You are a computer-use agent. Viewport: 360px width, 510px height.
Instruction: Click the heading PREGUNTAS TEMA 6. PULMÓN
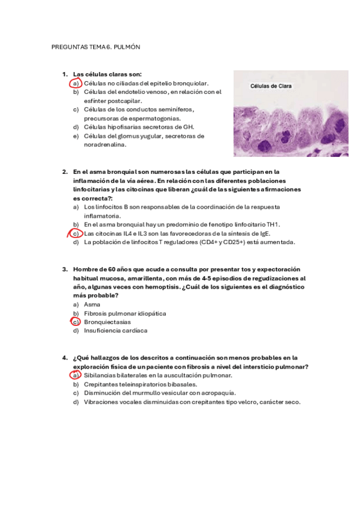tap(96, 47)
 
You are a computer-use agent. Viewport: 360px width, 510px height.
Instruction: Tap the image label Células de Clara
tap(271, 86)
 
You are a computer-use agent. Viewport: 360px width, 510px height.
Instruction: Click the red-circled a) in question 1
tap(76, 83)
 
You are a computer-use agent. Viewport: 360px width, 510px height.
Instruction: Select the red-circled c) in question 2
tap(76, 233)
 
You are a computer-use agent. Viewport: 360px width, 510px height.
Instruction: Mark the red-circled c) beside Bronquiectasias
tap(76, 322)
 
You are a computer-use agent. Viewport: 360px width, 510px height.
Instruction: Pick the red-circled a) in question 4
tap(76, 375)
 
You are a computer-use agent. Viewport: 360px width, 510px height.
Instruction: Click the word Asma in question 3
tap(92, 304)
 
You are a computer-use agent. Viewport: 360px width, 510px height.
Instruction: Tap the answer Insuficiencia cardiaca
tap(115, 330)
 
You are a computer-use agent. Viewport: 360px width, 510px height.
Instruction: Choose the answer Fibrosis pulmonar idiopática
tap(125, 313)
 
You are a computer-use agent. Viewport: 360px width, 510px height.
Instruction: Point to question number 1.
tap(64, 75)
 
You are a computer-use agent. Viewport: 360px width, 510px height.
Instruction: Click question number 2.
tap(64, 171)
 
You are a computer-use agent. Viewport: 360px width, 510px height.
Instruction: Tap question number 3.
tap(64, 269)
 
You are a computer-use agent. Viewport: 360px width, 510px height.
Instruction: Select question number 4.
tap(64, 357)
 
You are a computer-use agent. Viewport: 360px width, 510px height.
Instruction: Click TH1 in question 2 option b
tap(274, 224)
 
